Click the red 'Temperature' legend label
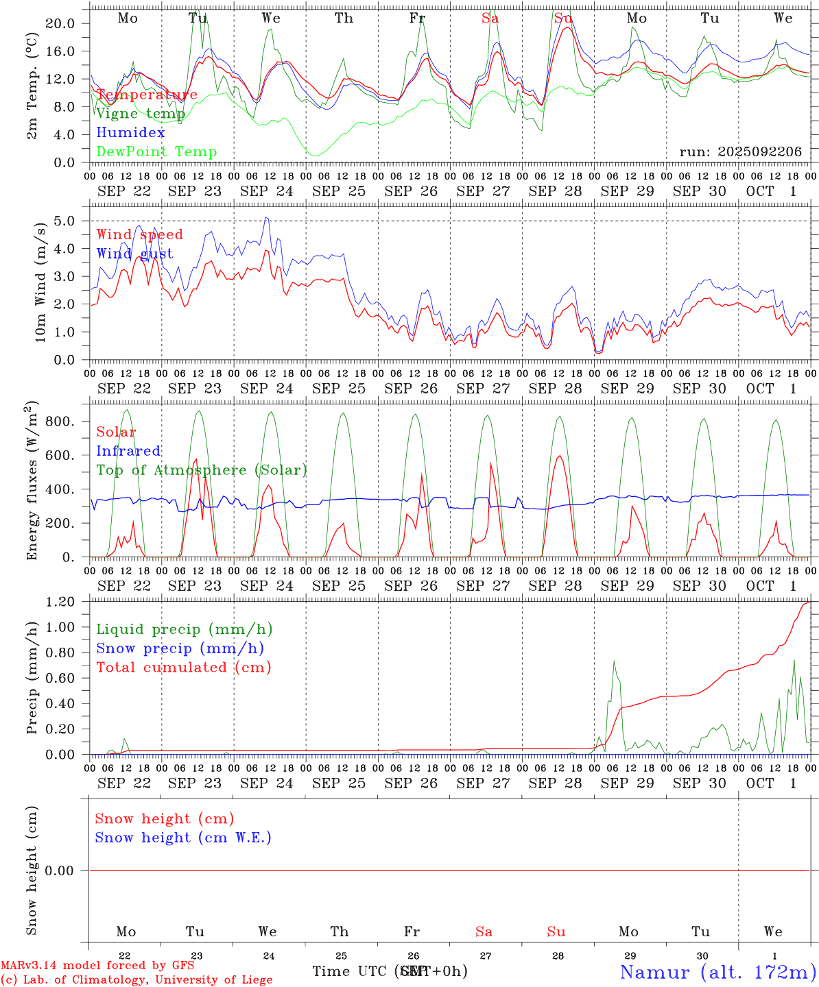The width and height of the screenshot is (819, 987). (147, 95)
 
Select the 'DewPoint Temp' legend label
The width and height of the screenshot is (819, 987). (156, 152)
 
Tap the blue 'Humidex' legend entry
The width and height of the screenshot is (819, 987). (130, 133)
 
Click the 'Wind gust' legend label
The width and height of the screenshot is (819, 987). (134, 254)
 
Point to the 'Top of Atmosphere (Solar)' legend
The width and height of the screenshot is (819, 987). (202, 470)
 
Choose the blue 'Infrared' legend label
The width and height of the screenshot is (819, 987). (128, 451)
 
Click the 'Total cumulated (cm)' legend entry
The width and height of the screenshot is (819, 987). (183, 668)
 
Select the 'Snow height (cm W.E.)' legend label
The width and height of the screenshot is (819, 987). (183, 838)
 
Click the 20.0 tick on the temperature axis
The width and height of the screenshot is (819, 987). (60, 23)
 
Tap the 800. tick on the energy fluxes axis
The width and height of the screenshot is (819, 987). (60, 422)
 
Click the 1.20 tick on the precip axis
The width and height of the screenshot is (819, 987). (60, 602)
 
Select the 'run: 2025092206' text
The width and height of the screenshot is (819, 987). (740, 152)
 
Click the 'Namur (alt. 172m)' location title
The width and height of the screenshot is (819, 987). (717, 972)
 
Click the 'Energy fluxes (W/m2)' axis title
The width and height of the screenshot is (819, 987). (32, 482)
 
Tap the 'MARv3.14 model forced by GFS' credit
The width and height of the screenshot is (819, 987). (97, 965)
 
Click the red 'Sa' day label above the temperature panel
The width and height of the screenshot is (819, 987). (490, 19)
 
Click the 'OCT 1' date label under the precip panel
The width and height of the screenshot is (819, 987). (771, 783)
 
